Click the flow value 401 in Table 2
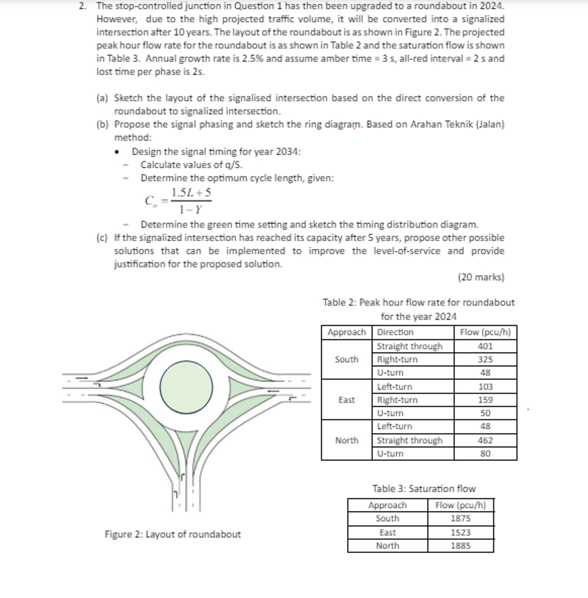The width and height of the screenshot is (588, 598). [x=484, y=346]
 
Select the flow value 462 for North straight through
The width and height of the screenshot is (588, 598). [x=484, y=440]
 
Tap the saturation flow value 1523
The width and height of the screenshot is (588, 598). [x=460, y=533]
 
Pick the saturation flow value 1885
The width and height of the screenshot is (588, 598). [x=460, y=546]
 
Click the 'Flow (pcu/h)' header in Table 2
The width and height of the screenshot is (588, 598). [x=485, y=332]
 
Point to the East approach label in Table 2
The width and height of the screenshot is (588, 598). [x=346, y=400]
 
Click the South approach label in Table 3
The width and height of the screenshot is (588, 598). [x=387, y=519]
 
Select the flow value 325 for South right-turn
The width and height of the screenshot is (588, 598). [x=484, y=359]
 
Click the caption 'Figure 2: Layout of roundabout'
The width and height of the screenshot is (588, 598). [x=172, y=535]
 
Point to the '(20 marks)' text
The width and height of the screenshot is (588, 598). [x=481, y=277]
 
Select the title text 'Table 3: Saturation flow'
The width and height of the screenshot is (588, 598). [x=423, y=489]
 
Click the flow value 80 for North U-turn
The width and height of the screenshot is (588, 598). [x=484, y=454]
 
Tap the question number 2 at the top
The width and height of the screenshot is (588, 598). [x=82, y=5]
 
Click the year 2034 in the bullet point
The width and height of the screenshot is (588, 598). [x=288, y=151]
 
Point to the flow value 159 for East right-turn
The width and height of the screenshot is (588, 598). [x=484, y=400]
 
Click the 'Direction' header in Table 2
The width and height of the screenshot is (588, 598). [x=395, y=332]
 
